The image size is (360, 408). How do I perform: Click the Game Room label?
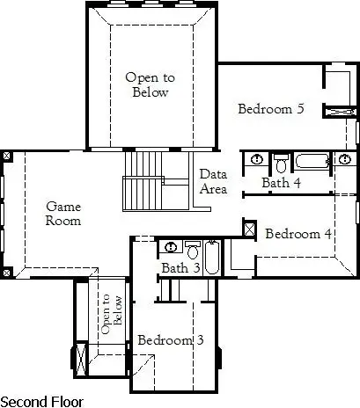point(63,214)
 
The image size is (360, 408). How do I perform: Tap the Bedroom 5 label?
point(271,109)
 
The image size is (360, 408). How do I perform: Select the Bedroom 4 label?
point(298,234)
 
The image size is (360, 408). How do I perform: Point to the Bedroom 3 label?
point(171,340)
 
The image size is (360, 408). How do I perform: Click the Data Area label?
point(213,181)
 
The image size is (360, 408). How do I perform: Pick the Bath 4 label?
point(282,183)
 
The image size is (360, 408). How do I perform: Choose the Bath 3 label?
point(180,267)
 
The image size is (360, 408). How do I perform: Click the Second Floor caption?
point(42,402)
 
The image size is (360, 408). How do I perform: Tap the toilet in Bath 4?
point(281,164)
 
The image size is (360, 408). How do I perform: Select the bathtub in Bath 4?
point(312,161)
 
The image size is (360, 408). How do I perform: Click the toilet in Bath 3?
point(193,250)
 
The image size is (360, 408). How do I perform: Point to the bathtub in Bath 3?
point(212,258)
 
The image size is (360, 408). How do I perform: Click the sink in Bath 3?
point(170,247)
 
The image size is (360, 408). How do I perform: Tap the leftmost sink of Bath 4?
point(257,159)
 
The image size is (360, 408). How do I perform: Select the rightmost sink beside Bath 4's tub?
point(345,159)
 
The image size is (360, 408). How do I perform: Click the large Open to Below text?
point(151,84)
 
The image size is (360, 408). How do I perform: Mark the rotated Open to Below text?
point(111,314)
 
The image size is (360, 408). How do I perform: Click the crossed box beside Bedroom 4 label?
point(249,229)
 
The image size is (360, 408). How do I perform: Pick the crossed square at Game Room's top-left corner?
point(7,156)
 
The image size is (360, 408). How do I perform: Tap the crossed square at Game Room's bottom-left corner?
point(7,273)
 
